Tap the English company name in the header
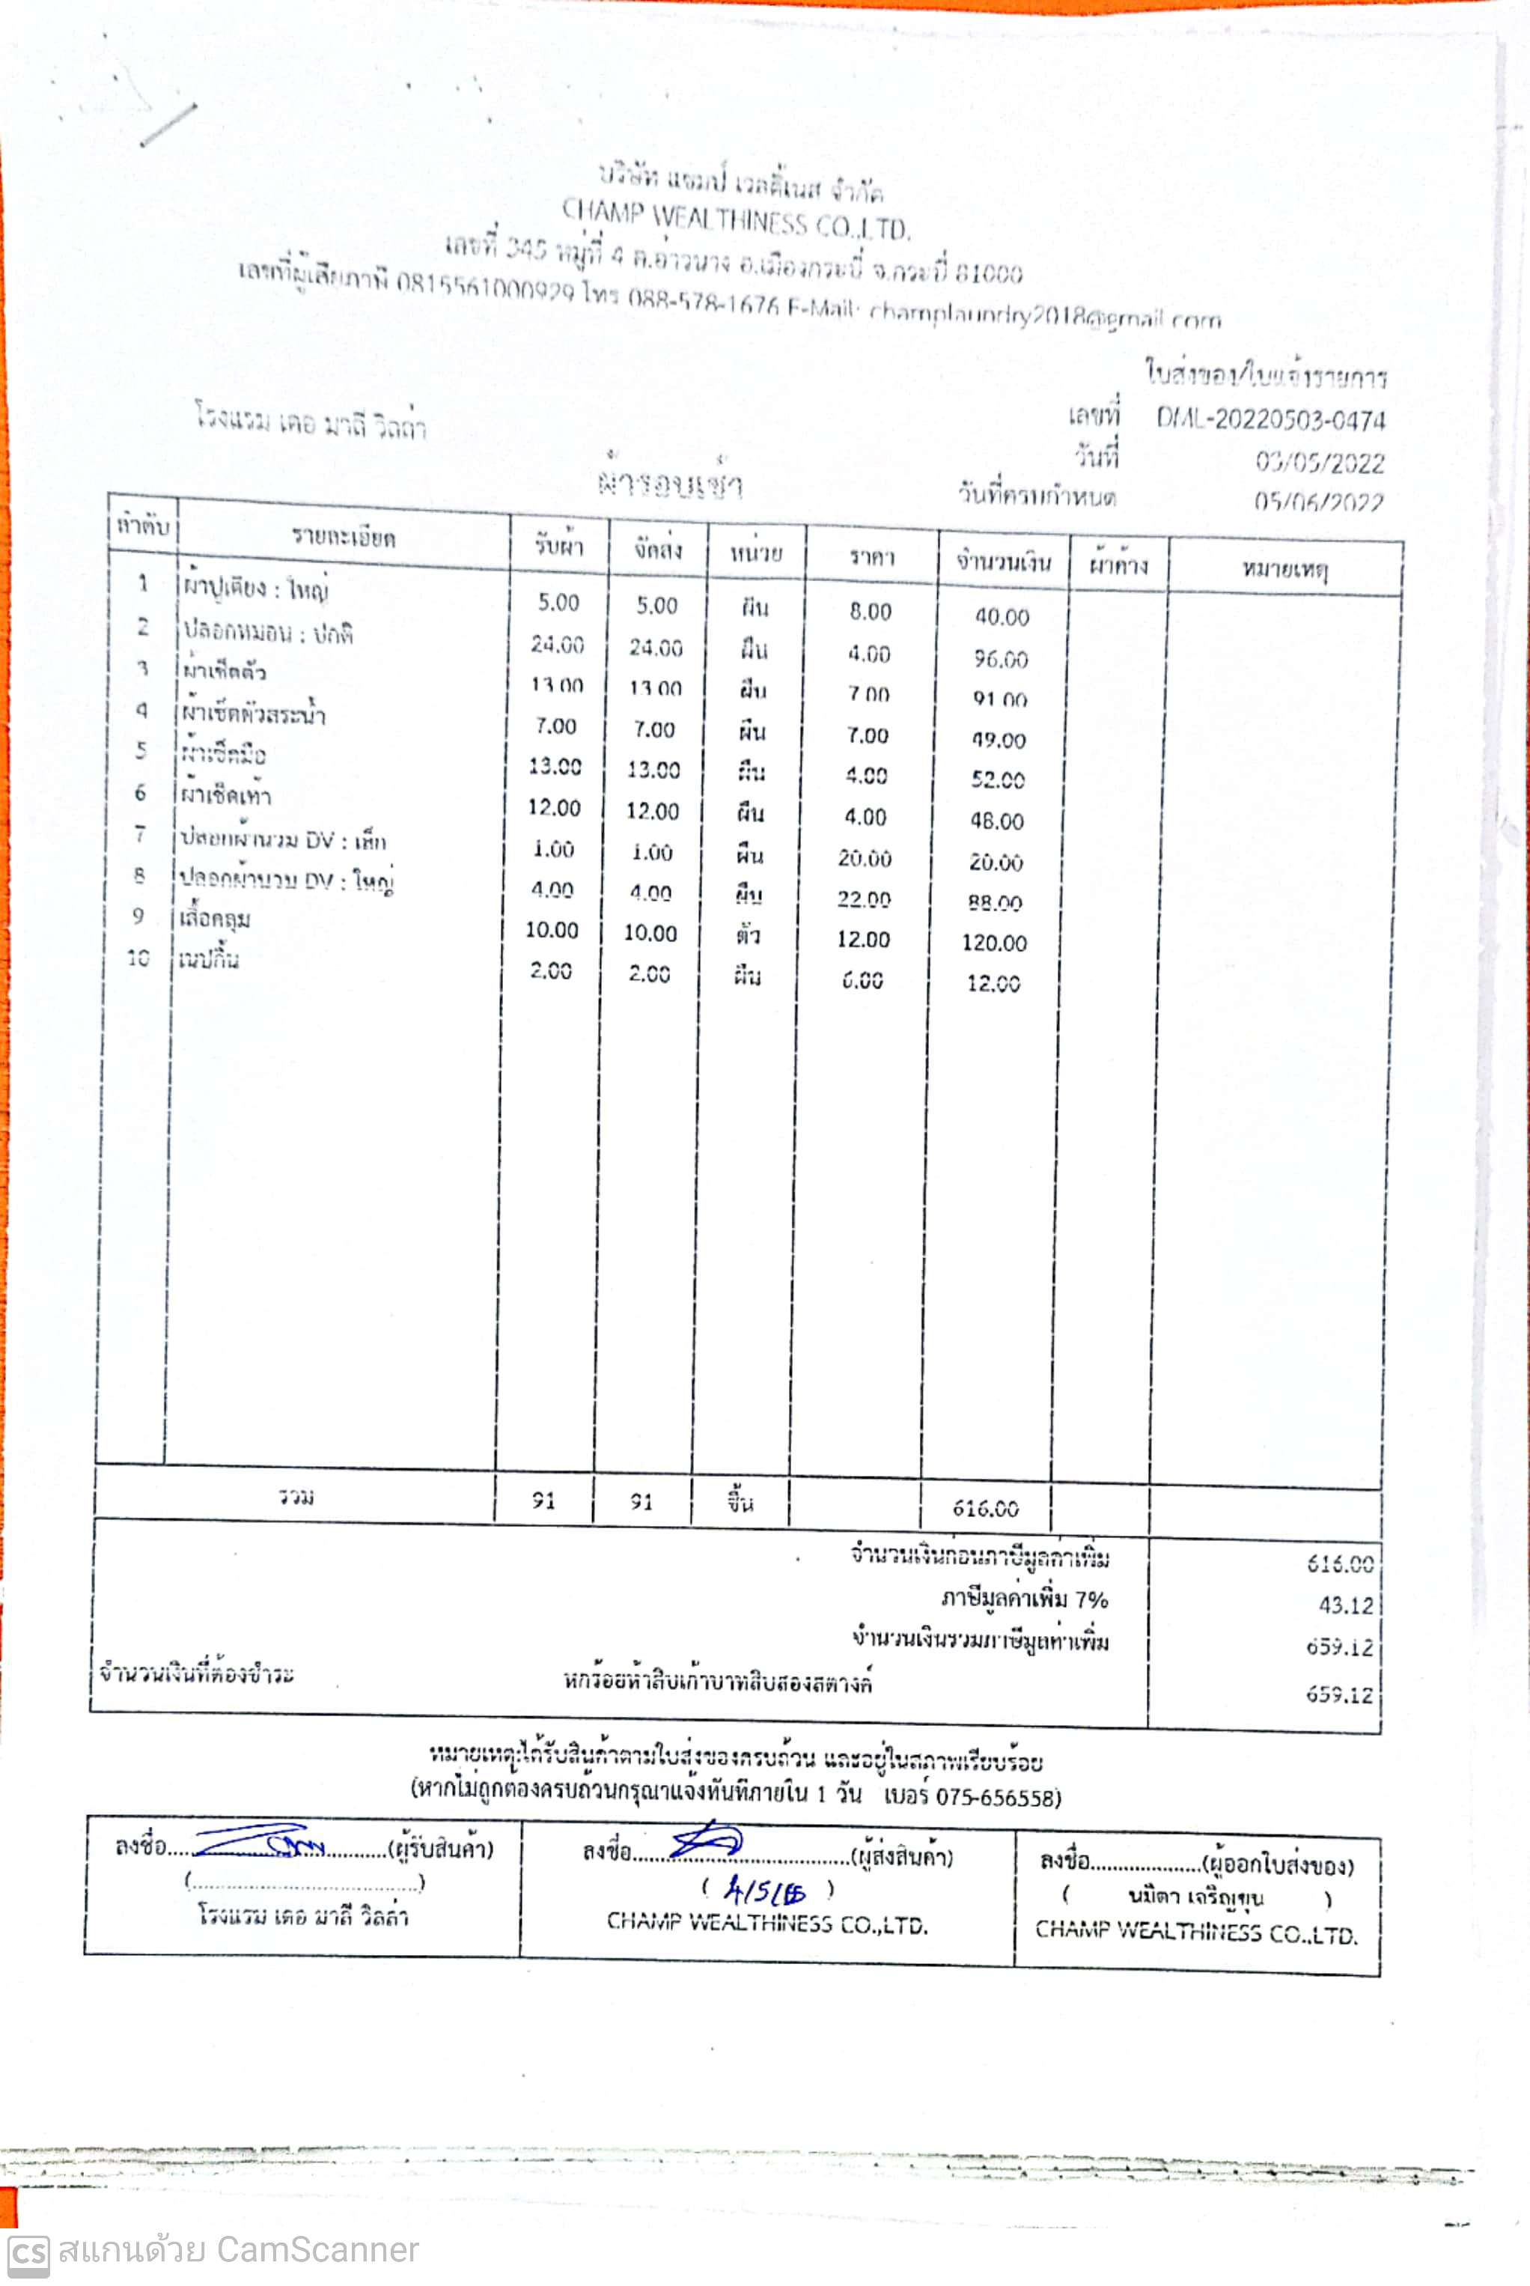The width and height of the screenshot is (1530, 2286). click(736, 221)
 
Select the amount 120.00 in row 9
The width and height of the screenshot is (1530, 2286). click(993, 943)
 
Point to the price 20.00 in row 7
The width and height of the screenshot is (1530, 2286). click(864, 858)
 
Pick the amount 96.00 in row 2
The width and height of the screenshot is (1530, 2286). click(1000, 659)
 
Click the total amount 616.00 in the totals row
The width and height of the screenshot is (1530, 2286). click(986, 1509)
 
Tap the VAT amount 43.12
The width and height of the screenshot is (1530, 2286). click(1346, 1605)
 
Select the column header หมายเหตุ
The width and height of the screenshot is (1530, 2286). click(1284, 569)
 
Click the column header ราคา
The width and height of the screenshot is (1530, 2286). click(871, 557)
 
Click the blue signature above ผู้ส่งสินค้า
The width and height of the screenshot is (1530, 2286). click(707, 1842)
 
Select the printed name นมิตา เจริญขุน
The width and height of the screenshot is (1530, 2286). click(1195, 1897)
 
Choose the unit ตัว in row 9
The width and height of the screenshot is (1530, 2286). click(749, 936)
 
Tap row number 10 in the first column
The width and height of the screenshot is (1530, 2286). click(138, 958)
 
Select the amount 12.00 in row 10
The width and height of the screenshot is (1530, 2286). click(993, 984)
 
